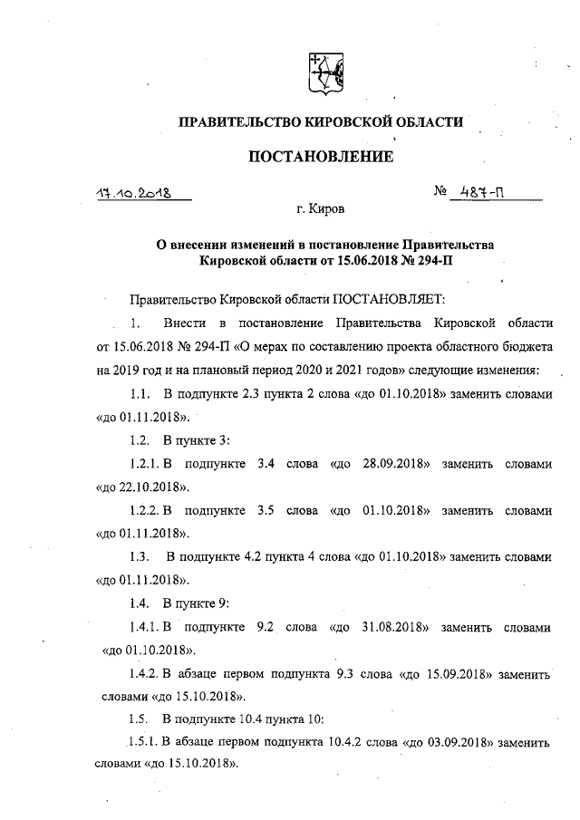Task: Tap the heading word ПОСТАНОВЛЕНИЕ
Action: pyautogui.click(x=321, y=157)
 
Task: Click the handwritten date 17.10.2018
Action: pyautogui.click(x=135, y=193)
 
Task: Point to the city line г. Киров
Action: pyautogui.click(x=321, y=209)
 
